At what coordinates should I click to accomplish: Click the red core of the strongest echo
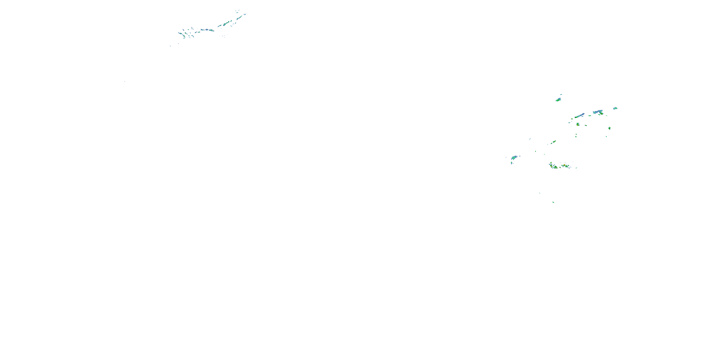click(x=565, y=166)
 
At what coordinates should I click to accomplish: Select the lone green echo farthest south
click(x=553, y=202)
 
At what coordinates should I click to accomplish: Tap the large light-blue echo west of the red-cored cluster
click(x=514, y=158)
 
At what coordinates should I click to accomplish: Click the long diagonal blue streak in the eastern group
click(x=579, y=115)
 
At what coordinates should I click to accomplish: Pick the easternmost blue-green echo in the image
click(x=615, y=108)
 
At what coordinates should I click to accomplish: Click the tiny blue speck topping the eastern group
click(x=561, y=95)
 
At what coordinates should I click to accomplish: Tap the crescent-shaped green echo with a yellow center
click(x=577, y=124)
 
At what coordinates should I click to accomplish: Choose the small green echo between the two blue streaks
click(x=589, y=115)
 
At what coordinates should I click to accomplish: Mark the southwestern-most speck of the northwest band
click(x=170, y=46)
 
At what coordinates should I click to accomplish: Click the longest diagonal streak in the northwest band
click(x=225, y=24)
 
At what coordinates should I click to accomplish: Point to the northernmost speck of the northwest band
click(x=238, y=10)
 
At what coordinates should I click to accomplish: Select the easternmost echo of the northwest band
click(x=245, y=14)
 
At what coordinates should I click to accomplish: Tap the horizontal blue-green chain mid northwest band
click(x=207, y=30)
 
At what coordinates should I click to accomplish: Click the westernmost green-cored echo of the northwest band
click(x=180, y=33)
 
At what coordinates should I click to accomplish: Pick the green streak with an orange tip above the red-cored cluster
click(x=553, y=142)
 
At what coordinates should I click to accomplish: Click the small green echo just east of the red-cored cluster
click(x=576, y=168)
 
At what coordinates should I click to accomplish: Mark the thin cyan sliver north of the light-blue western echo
click(x=530, y=139)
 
